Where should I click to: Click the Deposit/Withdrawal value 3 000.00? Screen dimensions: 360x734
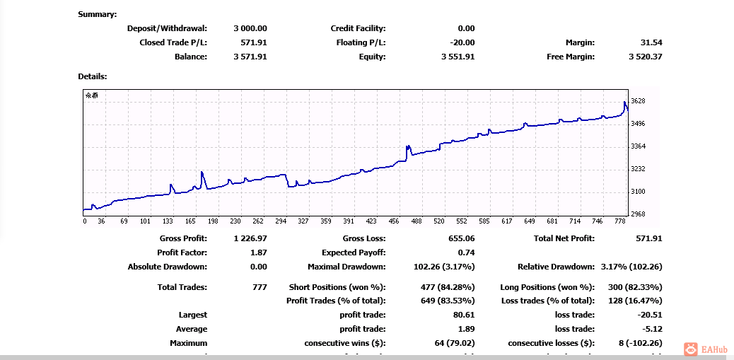click(250, 28)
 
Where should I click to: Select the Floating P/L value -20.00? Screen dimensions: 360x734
click(459, 42)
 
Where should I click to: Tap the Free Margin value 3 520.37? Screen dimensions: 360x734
click(645, 57)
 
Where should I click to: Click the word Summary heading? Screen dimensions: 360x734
click(98, 14)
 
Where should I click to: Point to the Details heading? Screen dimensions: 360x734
click(93, 76)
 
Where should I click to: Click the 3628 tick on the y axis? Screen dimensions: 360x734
click(638, 101)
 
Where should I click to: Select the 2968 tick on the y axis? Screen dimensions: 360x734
click(638, 214)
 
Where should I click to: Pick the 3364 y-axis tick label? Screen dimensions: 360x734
click(638, 146)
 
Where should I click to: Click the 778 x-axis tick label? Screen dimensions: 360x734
click(620, 221)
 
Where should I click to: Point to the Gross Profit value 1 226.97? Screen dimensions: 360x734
click(250, 238)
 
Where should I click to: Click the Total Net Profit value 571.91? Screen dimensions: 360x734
click(648, 238)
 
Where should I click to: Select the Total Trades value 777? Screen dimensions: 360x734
click(260, 287)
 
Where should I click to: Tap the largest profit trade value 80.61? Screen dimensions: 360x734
click(464, 315)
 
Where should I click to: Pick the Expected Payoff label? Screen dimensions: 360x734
click(354, 252)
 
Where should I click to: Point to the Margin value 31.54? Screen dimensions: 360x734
click(650, 42)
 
